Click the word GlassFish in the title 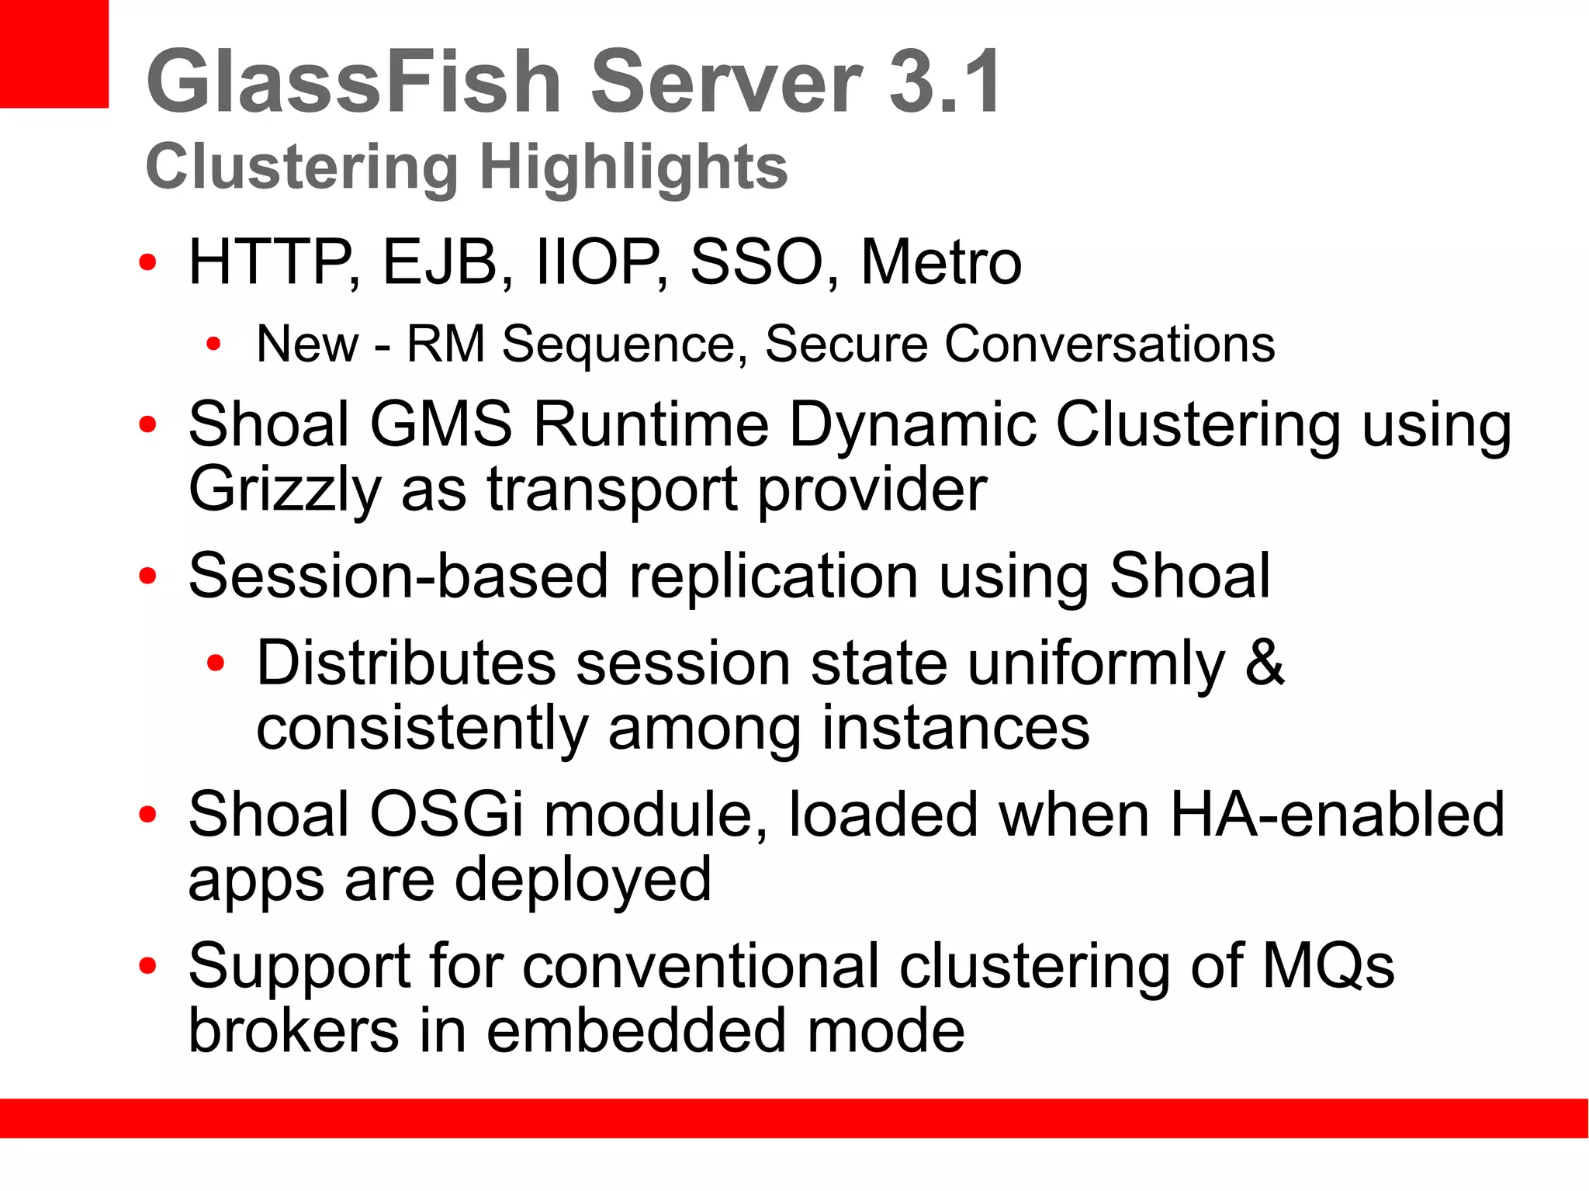click(353, 81)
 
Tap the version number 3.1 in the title click(945, 81)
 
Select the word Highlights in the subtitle click(634, 167)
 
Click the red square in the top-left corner click(54, 54)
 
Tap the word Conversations click(1110, 344)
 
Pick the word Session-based click(398, 576)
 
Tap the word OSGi click(446, 815)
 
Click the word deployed click(583, 880)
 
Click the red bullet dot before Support click(147, 967)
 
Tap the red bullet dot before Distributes click(216, 663)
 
